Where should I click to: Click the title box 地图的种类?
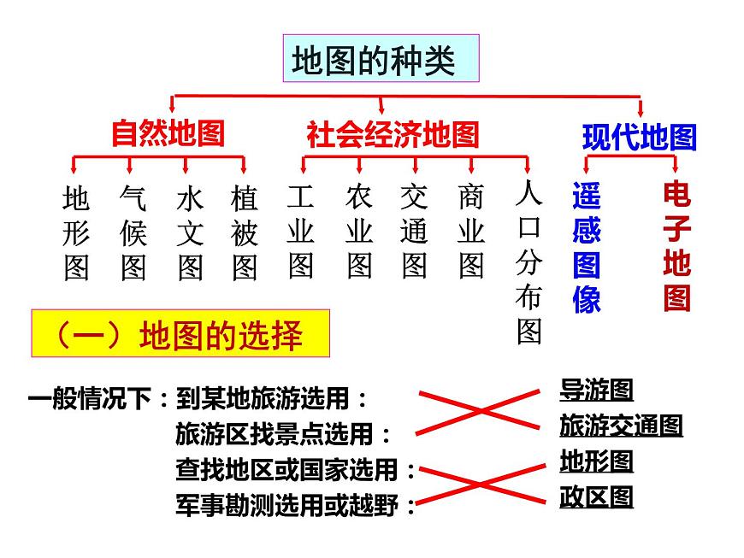click(381, 58)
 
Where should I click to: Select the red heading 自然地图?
click(168, 133)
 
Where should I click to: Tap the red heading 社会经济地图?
click(393, 135)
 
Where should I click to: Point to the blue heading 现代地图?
click(640, 138)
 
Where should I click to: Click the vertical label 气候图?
click(133, 232)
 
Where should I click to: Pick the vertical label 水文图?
click(190, 232)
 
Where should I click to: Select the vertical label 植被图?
click(245, 232)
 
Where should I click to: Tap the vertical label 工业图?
click(300, 231)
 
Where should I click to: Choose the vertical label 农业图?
click(358, 231)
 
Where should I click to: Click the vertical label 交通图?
click(414, 231)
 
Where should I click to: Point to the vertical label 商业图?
click(471, 231)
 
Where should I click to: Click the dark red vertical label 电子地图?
click(677, 245)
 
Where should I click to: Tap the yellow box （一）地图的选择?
click(180, 333)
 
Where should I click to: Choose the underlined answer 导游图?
click(596, 390)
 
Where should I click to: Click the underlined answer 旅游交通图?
click(621, 426)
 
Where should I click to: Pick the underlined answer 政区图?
click(596, 496)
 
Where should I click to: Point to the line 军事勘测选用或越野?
click(295, 505)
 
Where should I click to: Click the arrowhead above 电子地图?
click(676, 167)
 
